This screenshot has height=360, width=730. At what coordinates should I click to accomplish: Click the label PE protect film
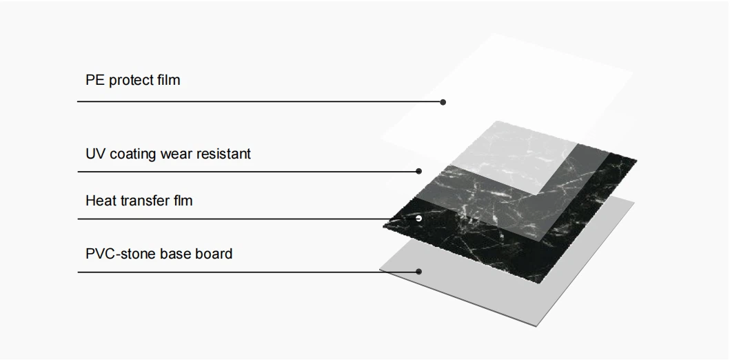click(x=132, y=80)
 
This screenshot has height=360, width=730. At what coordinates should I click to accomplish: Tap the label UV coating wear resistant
click(x=168, y=154)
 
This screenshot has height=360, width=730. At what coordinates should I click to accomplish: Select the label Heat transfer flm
click(x=139, y=201)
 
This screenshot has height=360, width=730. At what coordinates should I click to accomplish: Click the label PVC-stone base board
click(x=159, y=254)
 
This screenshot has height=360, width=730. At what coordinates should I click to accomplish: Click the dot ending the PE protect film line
click(x=443, y=102)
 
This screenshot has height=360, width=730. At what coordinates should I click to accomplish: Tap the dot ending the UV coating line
click(x=418, y=172)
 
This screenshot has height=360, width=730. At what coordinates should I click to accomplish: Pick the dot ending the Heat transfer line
click(x=418, y=218)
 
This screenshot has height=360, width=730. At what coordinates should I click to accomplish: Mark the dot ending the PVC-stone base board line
click(x=418, y=272)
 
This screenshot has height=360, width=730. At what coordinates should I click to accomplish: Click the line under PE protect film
click(x=260, y=101)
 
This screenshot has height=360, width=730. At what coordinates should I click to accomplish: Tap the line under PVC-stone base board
click(x=247, y=272)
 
